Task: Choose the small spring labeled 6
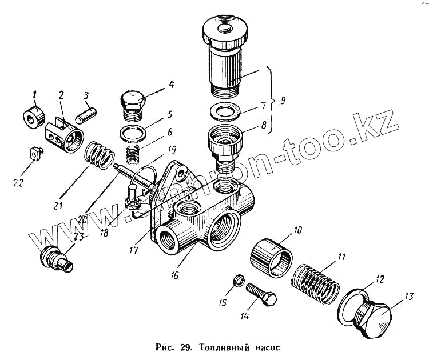pos(132,154)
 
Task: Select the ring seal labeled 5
pos(133,134)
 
